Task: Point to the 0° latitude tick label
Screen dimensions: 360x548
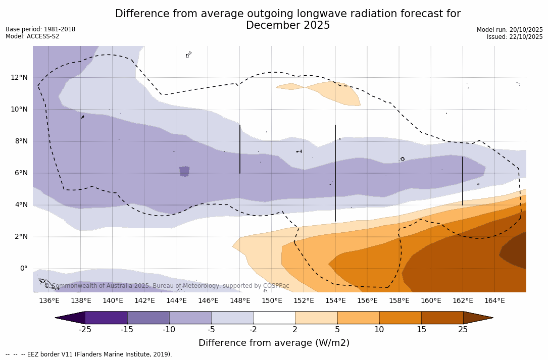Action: coord(24,268)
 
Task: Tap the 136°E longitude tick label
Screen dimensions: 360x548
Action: coord(49,300)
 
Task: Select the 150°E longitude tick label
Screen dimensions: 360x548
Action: coord(272,300)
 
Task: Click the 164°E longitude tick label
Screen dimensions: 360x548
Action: coord(494,300)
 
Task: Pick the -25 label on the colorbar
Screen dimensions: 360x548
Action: coord(85,330)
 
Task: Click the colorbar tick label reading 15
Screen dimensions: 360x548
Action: coord(421,330)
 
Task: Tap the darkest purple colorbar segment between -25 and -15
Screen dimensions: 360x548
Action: coord(106,318)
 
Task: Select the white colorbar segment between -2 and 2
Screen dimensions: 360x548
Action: coord(274,318)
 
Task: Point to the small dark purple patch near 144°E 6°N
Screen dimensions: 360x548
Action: coord(184,171)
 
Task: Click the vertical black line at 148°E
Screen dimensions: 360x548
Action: coord(240,149)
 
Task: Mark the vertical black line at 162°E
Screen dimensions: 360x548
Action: coord(463,181)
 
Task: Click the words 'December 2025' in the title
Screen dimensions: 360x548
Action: coord(288,25)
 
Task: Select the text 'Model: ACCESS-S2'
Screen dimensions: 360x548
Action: coord(32,36)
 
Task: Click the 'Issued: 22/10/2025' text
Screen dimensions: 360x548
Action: coord(515,37)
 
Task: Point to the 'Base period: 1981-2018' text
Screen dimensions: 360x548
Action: coord(40,29)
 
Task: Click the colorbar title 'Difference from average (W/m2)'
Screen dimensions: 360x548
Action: coord(274,343)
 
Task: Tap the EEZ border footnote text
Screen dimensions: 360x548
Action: coord(89,354)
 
